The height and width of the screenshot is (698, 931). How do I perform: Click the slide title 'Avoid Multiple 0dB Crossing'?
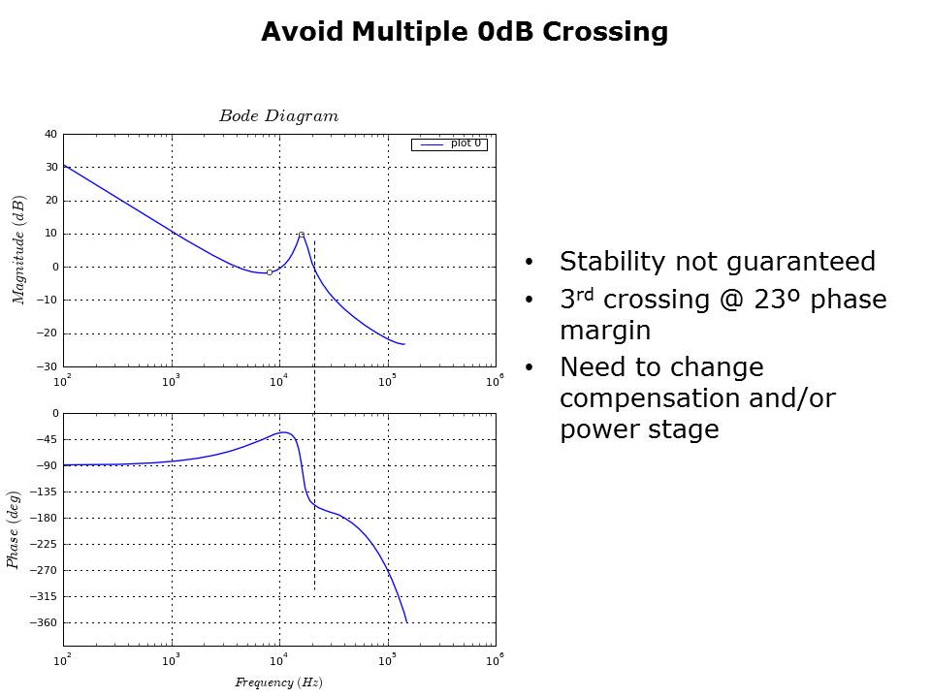click(x=465, y=32)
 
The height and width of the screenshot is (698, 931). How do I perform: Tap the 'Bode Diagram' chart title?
click(x=278, y=116)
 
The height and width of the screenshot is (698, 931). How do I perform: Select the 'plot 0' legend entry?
click(x=465, y=143)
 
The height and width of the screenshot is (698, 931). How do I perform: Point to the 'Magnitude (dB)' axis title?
click(x=18, y=250)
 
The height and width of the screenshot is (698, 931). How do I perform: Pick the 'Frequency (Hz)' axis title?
click(x=278, y=682)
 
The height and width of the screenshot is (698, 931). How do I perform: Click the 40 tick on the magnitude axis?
click(x=51, y=135)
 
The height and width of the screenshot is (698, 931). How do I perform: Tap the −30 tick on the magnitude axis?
click(x=48, y=366)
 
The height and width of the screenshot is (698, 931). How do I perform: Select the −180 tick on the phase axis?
click(x=47, y=518)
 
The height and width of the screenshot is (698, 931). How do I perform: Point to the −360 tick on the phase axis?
click(x=47, y=622)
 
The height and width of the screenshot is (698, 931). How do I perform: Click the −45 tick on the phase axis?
click(x=48, y=439)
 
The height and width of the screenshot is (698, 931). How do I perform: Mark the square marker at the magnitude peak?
click(x=302, y=235)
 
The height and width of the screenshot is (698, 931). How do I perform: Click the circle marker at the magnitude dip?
click(x=270, y=272)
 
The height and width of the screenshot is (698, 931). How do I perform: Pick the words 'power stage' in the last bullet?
click(x=639, y=429)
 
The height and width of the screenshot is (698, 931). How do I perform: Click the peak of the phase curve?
click(x=283, y=432)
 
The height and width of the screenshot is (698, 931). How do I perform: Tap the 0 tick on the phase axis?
click(x=54, y=413)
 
